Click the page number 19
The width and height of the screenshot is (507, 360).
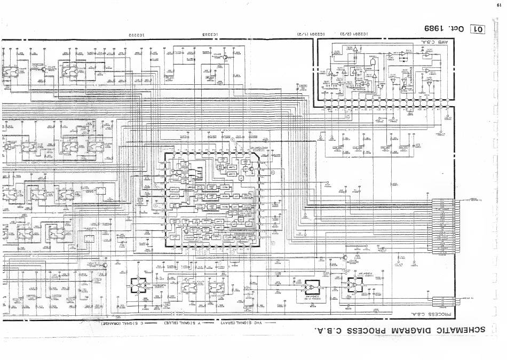pos(498,6)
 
